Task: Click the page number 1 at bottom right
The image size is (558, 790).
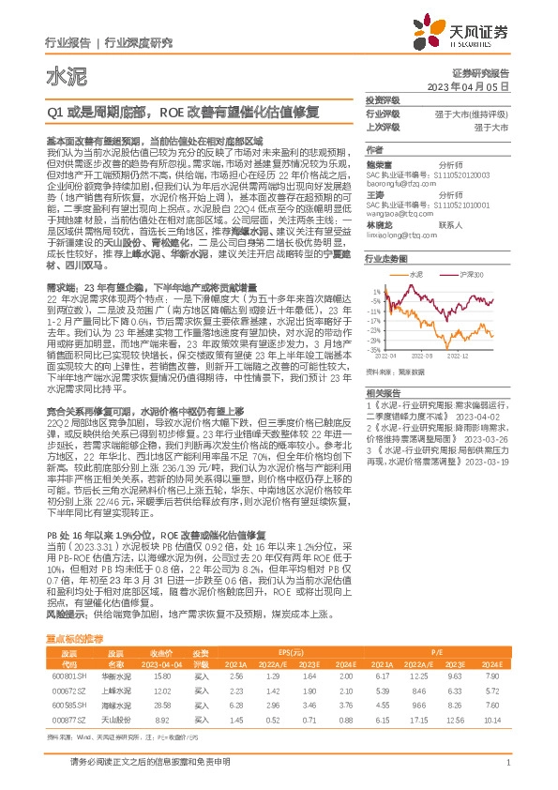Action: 507,764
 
